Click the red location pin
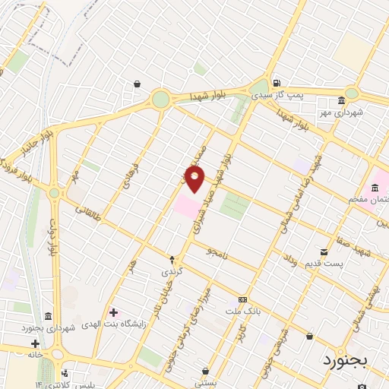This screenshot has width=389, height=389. click(194, 179)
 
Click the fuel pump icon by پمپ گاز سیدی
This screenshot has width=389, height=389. click(277, 84)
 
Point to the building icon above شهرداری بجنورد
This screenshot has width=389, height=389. click(48, 316)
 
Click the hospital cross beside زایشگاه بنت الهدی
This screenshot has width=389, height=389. click(113, 312)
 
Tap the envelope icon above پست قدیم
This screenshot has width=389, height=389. click(324, 251)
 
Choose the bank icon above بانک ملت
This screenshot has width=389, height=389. click(242, 299)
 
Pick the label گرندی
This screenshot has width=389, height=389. click(171, 270)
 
